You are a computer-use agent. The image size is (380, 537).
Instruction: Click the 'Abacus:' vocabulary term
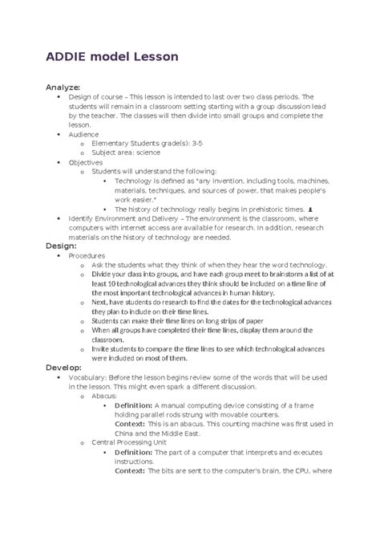coord(105,396)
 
